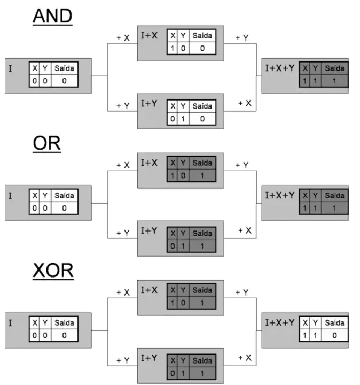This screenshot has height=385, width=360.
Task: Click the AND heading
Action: point(52,16)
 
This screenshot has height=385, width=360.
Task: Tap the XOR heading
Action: point(52,271)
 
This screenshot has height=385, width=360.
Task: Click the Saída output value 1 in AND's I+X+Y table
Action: point(334,80)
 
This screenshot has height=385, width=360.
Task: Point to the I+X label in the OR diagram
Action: point(149,162)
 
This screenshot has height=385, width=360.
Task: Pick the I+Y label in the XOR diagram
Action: point(149,358)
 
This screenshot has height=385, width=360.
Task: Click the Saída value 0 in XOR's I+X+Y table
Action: point(334,335)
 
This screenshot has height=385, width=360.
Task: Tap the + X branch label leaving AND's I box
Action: point(123,38)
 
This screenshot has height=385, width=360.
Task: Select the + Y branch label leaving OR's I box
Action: point(123,233)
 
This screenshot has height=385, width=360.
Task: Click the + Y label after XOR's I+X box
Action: point(242,292)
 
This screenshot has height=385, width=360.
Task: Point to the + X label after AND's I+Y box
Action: point(245,103)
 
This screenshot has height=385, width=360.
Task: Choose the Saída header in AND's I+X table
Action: point(202,36)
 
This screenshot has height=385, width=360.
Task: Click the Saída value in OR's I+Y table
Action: point(202,245)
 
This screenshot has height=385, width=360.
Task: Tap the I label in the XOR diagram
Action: point(10,324)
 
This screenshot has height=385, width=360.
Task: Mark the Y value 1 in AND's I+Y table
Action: point(182,118)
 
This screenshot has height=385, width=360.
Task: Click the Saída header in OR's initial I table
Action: point(64,196)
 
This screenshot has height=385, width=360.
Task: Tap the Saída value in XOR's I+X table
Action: point(202,302)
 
